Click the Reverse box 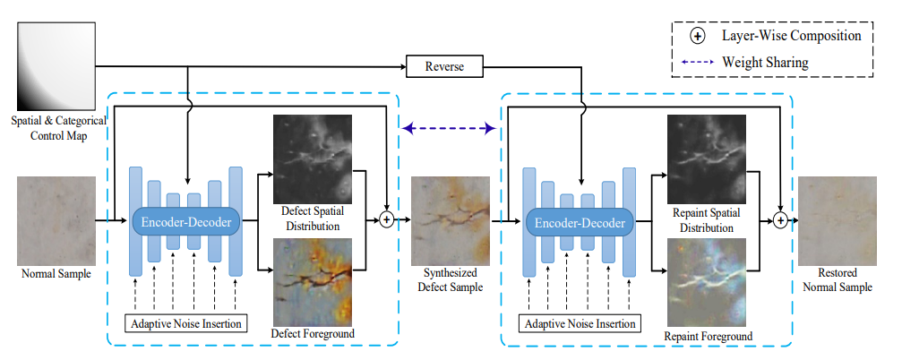(x=444, y=66)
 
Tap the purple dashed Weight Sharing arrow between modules (x=450, y=128)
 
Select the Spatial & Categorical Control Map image (x=56, y=66)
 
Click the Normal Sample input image (x=56, y=221)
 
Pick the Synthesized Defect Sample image (x=451, y=221)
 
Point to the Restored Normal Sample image (x=838, y=221)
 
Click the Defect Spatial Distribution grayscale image (x=313, y=159)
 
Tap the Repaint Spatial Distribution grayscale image (x=707, y=159)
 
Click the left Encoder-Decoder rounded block (x=186, y=222)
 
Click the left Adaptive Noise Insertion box (x=185, y=322)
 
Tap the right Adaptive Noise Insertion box (x=580, y=323)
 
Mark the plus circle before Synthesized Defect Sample (x=387, y=220)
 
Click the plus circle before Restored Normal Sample (x=780, y=220)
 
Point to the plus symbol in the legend (x=697, y=36)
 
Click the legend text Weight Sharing (x=765, y=62)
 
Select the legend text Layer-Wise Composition (x=792, y=36)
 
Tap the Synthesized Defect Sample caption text (x=451, y=279)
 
